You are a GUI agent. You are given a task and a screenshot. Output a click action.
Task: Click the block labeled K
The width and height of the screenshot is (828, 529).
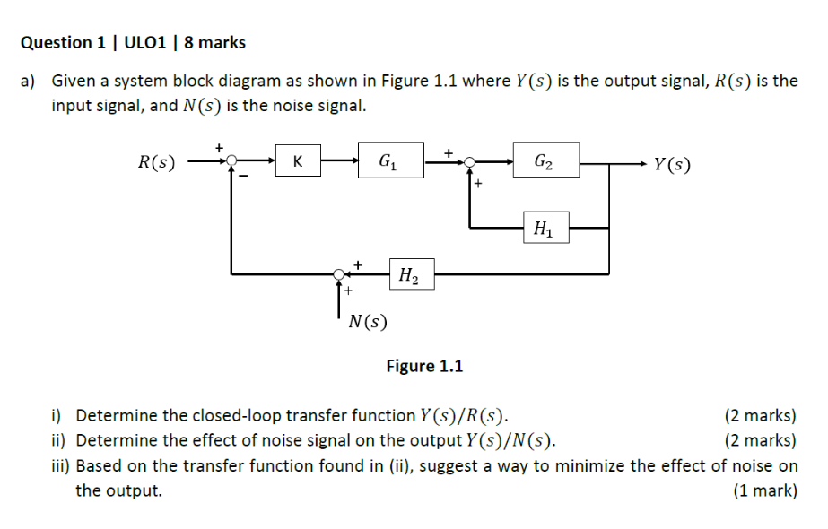click(x=297, y=162)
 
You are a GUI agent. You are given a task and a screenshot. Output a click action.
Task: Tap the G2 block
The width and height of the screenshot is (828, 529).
click(x=545, y=162)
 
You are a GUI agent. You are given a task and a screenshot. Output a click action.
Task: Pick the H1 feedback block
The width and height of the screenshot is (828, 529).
click(x=543, y=229)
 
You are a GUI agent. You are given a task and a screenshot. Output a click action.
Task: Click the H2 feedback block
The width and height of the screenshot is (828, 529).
click(x=410, y=273)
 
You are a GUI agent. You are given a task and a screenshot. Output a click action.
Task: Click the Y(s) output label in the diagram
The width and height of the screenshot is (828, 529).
click(x=672, y=164)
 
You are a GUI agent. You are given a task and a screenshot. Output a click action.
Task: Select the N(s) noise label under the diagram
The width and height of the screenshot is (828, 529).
click(x=368, y=320)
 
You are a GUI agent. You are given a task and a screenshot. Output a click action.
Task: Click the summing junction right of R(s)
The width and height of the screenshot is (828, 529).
click(x=231, y=162)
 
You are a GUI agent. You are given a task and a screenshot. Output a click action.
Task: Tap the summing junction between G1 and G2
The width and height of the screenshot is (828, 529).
click(x=467, y=162)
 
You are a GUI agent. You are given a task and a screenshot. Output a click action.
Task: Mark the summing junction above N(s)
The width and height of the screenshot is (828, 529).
click(x=339, y=273)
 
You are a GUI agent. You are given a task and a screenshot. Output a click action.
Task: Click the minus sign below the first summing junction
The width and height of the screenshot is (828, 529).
click(x=241, y=177)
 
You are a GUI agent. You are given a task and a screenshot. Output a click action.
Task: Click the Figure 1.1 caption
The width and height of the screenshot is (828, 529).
click(x=424, y=366)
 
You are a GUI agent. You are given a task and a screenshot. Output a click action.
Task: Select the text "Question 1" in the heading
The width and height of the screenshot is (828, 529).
click(x=56, y=42)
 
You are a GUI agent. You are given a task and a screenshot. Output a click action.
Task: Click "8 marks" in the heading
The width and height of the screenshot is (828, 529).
click(x=215, y=42)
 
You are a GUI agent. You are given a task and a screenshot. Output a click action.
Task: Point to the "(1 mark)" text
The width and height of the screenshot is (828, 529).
click(x=764, y=490)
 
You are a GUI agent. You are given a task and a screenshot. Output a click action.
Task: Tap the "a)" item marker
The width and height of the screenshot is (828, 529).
click(x=29, y=81)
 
